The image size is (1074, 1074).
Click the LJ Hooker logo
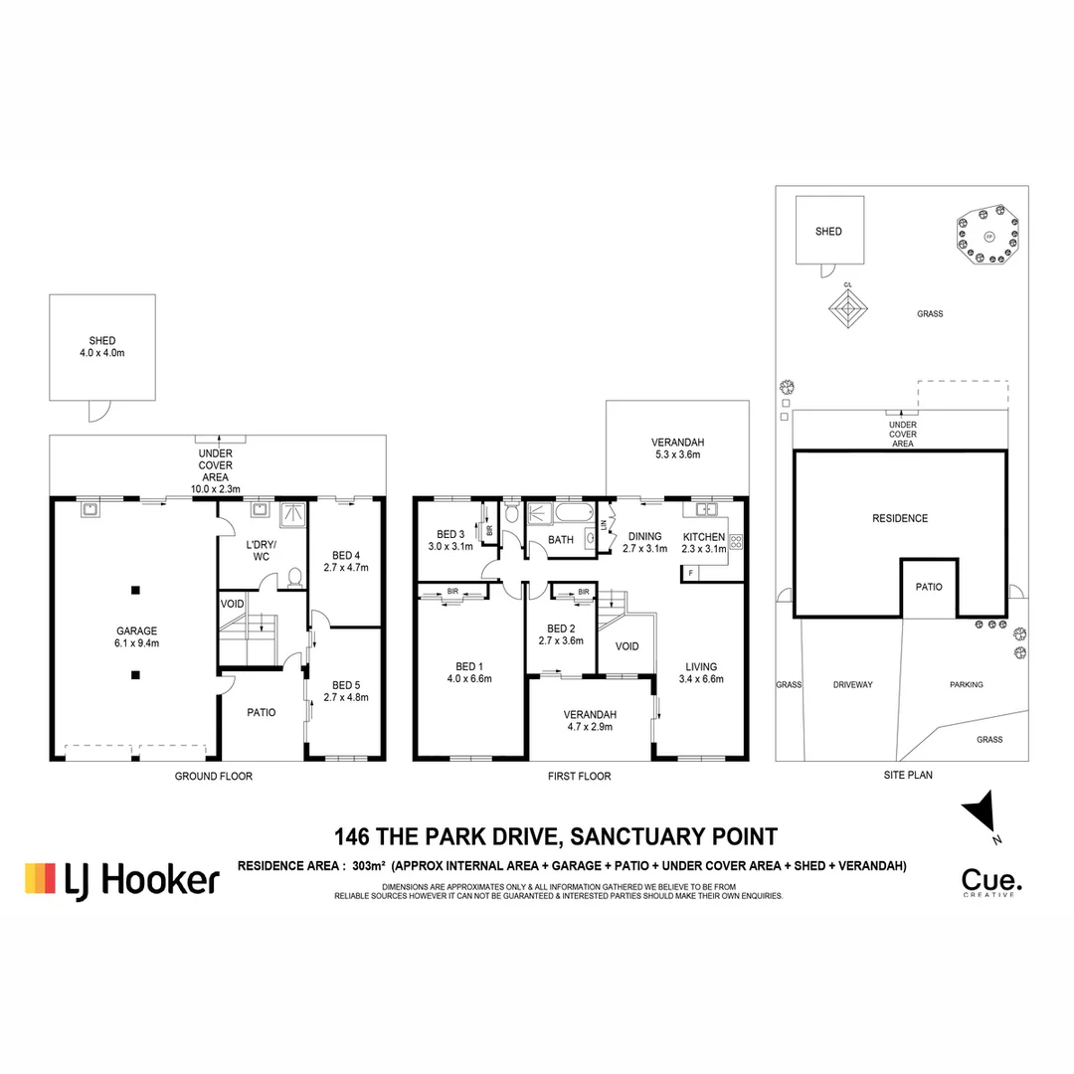(x=121, y=878)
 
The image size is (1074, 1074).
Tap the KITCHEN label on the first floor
(x=704, y=537)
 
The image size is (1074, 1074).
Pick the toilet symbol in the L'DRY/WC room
(x=294, y=577)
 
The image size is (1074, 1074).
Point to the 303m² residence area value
(x=367, y=866)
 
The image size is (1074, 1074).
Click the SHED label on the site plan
(x=828, y=232)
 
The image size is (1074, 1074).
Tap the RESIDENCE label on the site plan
(x=899, y=518)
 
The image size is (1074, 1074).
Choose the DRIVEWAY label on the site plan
(x=852, y=685)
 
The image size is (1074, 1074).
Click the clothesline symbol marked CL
(x=848, y=309)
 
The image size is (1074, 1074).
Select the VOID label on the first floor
(x=627, y=646)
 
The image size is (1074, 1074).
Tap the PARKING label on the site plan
(x=966, y=685)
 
